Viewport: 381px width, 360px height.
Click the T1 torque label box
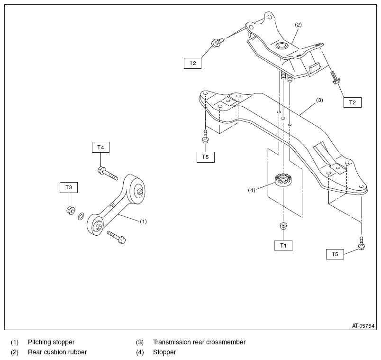tap(283, 246)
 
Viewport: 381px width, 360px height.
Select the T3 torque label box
tap(69, 188)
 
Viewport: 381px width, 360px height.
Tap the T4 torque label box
tap(100, 148)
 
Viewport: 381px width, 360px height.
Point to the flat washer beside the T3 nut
tap(82, 216)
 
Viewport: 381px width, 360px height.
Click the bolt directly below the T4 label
tap(107, 173)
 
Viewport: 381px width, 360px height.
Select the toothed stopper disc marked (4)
tap(283, 180)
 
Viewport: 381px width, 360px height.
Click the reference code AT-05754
tap(363, 326)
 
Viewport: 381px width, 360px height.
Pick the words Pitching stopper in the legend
tap(51, 342)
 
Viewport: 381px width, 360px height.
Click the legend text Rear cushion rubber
tap(57, 352)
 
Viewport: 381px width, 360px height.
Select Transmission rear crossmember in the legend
tap(199, 342)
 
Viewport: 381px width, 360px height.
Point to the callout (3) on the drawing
tap(319, 100)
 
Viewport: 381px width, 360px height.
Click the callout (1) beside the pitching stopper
tap(143, 221)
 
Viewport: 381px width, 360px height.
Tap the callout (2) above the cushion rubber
tap(298, 24)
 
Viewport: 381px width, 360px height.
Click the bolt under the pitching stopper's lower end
tap(116, 236)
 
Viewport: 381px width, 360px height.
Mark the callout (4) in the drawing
tap(252, 190)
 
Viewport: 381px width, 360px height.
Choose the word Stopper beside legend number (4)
tap(164, 352)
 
